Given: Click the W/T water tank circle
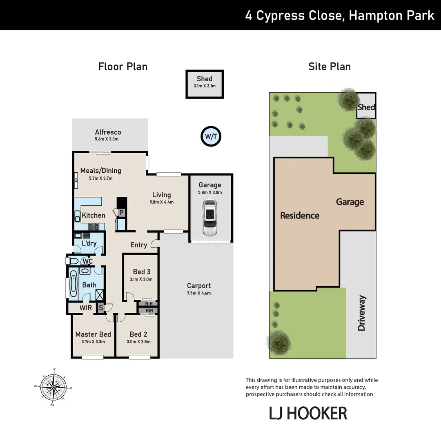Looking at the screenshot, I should click(211, 136).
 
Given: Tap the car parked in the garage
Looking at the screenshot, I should click(210, 217).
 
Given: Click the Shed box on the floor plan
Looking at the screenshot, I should click(205, 84).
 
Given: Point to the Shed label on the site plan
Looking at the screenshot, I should click(366, 107).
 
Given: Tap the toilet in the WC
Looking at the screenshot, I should click(73, 261).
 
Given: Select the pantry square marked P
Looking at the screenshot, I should click(121, 212).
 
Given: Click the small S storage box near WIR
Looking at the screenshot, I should click(100, 308).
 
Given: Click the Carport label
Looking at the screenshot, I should click(199, 286).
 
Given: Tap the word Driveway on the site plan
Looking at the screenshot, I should click(361, 313).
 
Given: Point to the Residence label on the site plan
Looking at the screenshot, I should click(300, 216).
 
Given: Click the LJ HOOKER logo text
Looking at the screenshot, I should click(308, 413).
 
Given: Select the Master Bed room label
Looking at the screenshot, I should click(93, 334).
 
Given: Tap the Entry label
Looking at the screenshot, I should click(138, 245).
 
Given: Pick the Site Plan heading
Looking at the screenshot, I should click(329, 67).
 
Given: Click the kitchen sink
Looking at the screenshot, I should click(78, 216).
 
